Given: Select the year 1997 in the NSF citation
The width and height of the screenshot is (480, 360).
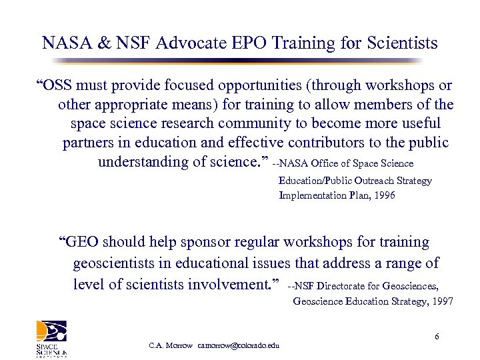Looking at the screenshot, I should coord(441,301).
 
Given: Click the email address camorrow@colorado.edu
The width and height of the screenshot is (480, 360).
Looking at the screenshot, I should coord(239,345).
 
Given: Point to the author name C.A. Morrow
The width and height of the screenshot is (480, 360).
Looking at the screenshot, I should coord(171,345).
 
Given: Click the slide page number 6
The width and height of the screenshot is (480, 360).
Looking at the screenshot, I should coord(437,336).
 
